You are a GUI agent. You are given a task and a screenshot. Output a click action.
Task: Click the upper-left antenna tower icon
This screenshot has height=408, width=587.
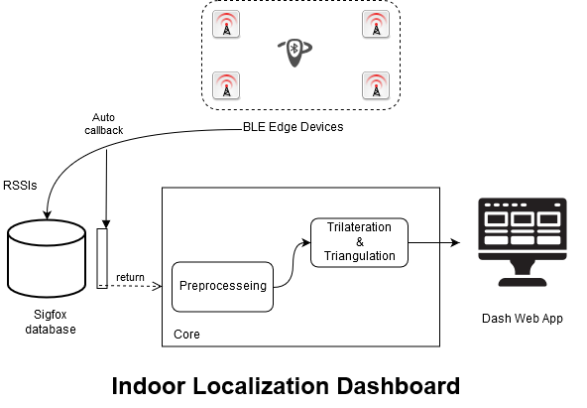tap(227, 24)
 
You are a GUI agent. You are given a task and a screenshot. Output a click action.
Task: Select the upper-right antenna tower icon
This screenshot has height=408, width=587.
tap(376, 24)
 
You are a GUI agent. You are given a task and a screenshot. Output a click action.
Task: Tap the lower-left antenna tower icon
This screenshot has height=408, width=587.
tap(227, 85)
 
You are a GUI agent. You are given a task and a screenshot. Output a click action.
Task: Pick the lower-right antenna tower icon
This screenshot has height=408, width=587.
tap(376, 85)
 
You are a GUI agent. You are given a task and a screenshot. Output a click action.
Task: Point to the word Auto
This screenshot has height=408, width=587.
tap(103, 116)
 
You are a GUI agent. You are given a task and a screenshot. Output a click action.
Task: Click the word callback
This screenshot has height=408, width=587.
tap(103, 129)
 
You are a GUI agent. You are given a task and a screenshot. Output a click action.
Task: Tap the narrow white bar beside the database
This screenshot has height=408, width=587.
tap(101, 257)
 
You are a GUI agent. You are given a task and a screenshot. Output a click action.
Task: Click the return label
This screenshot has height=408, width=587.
tap(130, 277)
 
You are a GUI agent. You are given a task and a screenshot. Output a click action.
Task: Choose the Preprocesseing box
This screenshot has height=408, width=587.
tap(223, 286)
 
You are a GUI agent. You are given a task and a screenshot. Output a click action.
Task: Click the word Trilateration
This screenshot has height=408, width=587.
tap(359, 227)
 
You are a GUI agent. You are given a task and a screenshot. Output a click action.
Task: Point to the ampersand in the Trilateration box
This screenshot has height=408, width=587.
tap(359, 241)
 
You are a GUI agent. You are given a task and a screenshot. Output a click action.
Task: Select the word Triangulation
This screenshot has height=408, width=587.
tap(359, 255)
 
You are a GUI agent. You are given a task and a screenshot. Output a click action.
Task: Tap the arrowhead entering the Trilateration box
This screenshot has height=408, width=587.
tap(306, 241)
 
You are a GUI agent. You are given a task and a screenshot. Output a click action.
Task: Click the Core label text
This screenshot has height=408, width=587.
tap(186, 335)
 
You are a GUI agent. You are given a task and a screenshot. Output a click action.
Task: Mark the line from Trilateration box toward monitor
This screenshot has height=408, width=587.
tap(423, 241)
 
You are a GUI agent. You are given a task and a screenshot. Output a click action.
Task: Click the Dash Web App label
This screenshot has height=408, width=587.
tap(523, 319)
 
